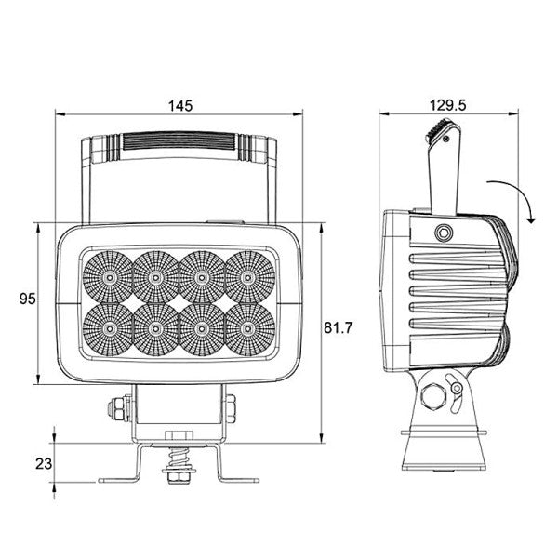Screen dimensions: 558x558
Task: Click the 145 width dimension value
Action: coord(181,106)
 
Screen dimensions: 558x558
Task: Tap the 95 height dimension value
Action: coord(28,299)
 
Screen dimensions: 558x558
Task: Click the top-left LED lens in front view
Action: coord(108,276)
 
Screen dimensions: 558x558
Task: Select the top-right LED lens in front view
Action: coord(247,276)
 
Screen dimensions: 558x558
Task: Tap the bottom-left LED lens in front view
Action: coord(108,327)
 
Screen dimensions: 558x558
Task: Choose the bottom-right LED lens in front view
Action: coord(247,327)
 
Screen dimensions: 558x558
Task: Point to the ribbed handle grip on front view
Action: coord(181,143)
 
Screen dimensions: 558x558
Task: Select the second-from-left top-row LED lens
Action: coord(154,276)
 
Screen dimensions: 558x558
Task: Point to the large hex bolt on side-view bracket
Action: coord(431,399)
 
